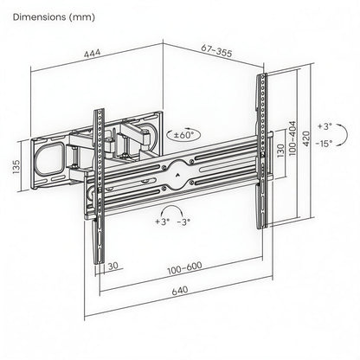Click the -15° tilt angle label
(x=325, y=144)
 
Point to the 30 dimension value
(x=114, y=267)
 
